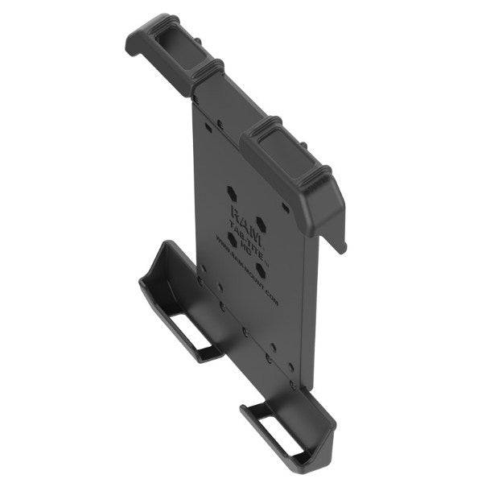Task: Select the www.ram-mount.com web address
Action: click(249, 270)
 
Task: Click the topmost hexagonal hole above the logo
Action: click(232, 193)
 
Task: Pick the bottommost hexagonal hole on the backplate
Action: click(261, 268)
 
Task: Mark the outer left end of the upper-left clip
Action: click(135, 40)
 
